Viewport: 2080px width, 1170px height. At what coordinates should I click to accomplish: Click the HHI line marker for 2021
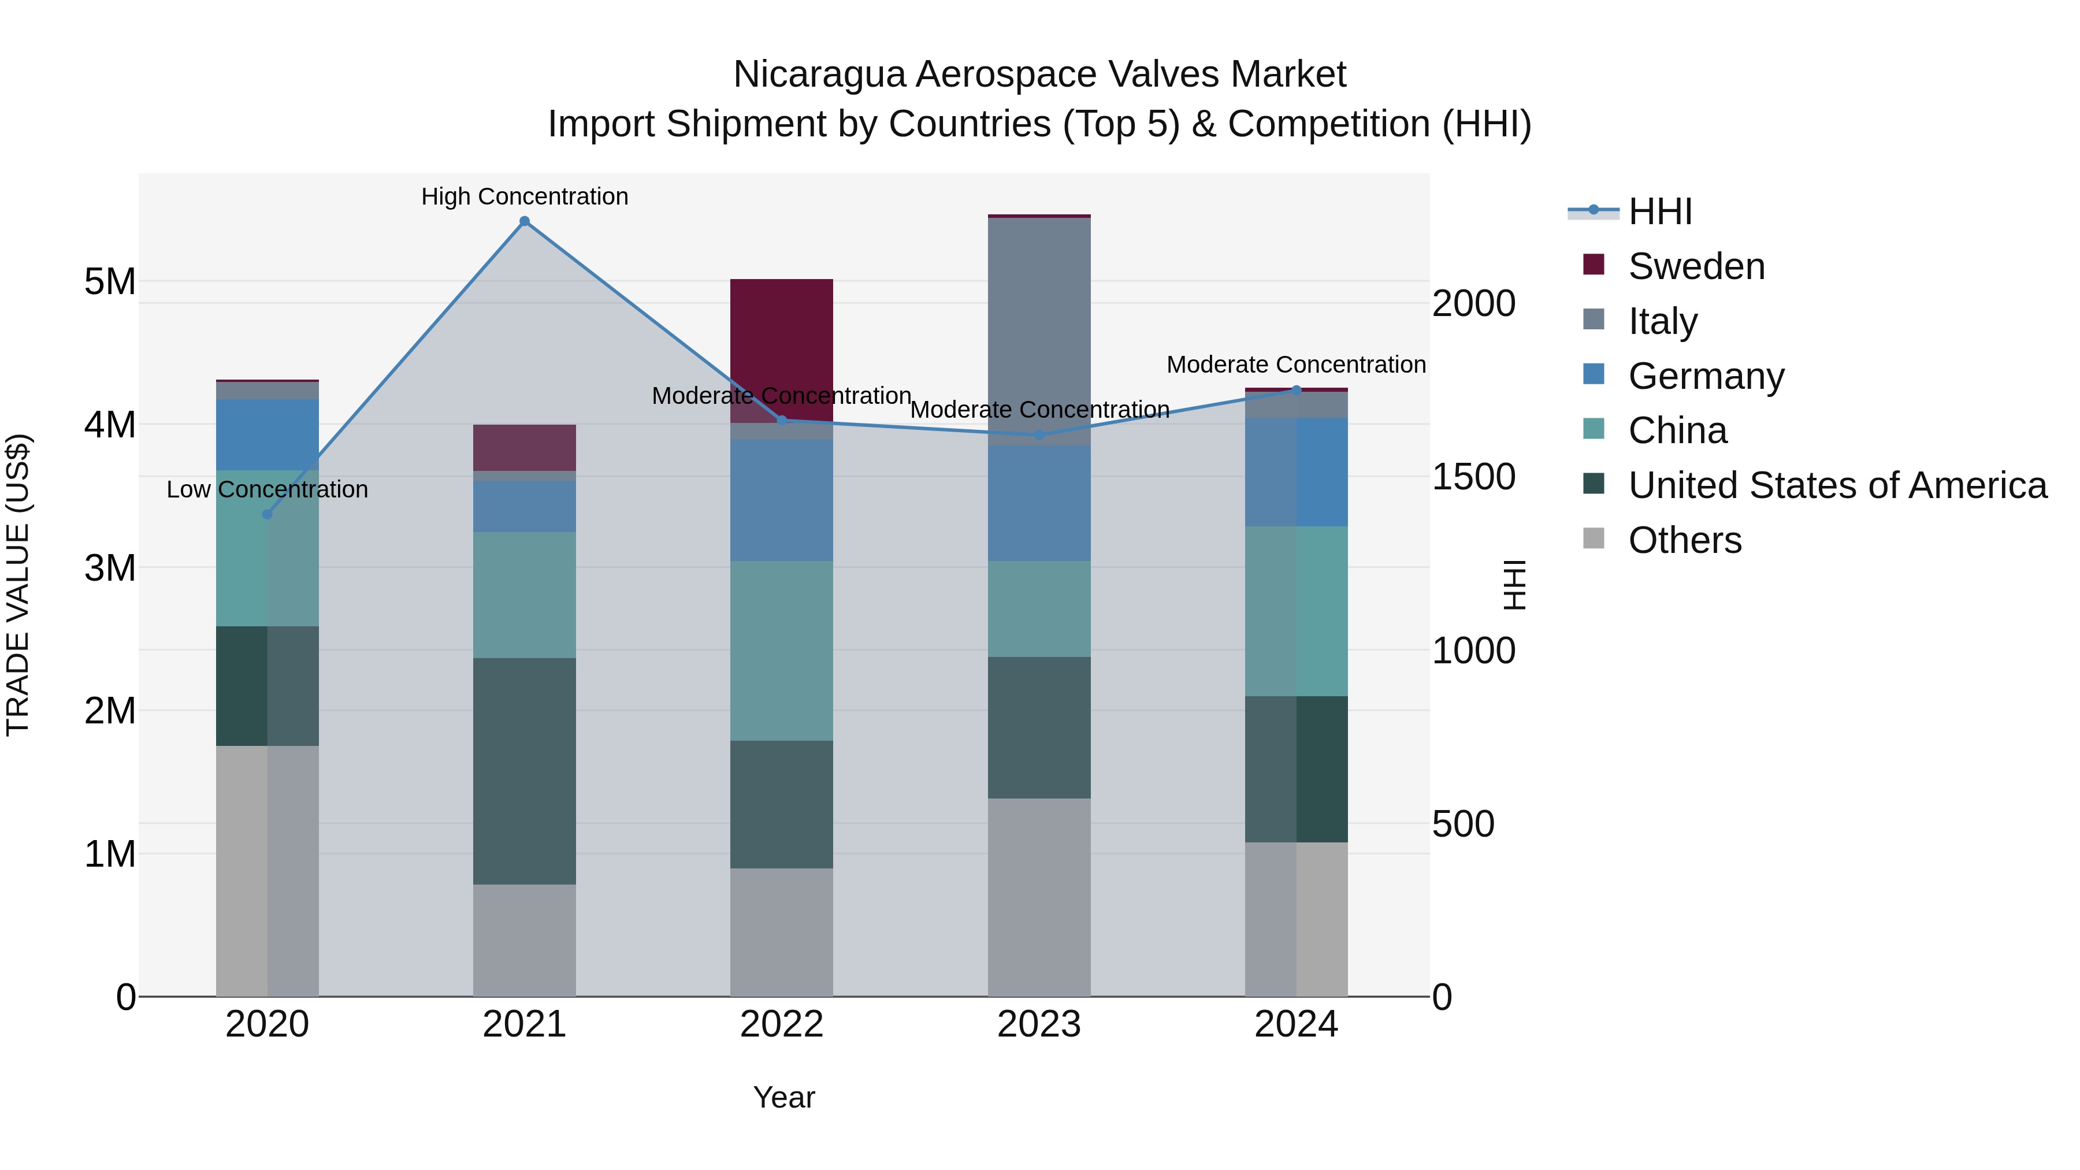524,221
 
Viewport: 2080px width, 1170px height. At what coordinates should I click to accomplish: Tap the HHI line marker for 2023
1039,435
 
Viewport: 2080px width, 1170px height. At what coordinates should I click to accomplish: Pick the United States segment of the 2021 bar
524,771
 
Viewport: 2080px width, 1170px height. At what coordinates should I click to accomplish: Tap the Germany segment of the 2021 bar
524,506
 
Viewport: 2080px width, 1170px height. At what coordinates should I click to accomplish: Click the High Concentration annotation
524,196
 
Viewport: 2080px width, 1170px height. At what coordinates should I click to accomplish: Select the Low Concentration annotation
268,489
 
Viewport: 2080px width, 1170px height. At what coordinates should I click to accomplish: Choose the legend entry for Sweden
1696,266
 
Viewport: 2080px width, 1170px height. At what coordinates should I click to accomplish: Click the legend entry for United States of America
1837,485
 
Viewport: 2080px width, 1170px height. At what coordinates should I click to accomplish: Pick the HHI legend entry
1659,211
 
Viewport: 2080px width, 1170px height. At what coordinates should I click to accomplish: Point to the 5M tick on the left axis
110,282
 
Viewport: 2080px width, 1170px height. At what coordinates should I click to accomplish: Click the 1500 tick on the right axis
1473,477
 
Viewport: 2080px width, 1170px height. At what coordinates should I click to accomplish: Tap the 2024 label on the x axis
1296,1024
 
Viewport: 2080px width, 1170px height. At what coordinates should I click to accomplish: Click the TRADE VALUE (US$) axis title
18,585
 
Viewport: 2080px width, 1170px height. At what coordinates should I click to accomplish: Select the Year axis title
783,1097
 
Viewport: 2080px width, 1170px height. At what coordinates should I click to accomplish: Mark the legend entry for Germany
1706,376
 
